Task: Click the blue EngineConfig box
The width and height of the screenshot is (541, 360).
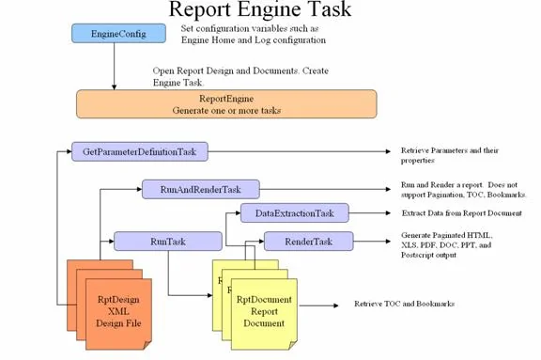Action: coord(118,34)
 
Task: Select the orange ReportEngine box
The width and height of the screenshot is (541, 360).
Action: coord(226,104)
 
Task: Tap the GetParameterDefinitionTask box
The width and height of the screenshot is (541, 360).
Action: coord(140,151)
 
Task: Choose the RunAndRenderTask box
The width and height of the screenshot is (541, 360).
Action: coord(201,189)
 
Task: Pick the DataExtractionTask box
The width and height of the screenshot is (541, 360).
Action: coord(295,213)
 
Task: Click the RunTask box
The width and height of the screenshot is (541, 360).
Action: coord(168,242)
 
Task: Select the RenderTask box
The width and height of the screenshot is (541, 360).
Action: coord(309,242)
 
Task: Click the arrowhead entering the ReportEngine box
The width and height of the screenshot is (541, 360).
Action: coord(115,87)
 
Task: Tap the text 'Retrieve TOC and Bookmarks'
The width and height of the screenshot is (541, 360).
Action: coord(405,304)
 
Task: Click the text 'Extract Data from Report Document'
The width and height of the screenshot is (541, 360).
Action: coord(462,213)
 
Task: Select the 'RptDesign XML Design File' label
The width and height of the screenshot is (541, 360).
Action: coord(118,311)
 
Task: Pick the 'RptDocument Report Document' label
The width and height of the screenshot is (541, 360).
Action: coord(264,311)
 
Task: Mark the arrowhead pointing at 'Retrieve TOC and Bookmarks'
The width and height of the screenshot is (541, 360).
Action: coord(335,305)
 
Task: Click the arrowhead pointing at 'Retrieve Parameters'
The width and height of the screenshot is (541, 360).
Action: coord(388,151)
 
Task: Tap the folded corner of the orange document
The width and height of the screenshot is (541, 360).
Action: coord(147,345)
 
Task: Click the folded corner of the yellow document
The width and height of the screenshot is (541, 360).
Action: coord(293,345)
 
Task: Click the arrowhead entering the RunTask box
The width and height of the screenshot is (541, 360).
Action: coord(111,242)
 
